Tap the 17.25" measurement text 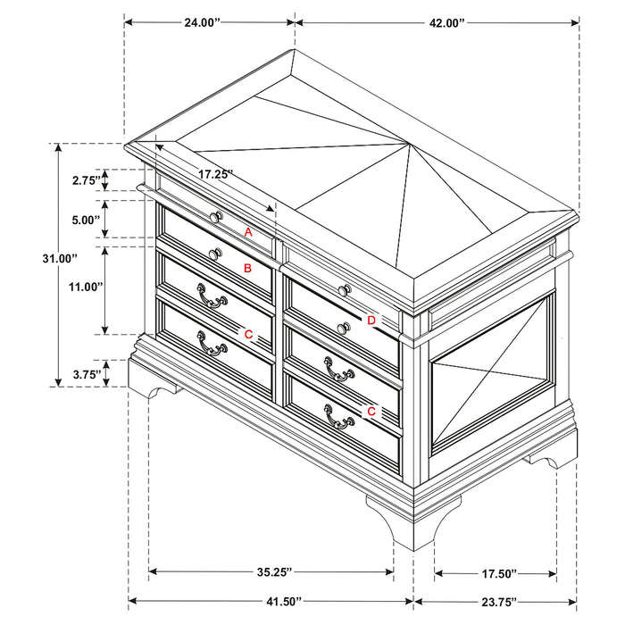(x=215, y=174)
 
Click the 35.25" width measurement (x=270, y=571)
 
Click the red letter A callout (x=249, y=232)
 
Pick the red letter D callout (x=371, y=320)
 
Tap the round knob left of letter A (x=216, y=217)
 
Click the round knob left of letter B (x=214, y=254)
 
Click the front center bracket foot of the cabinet (x=401, y=522)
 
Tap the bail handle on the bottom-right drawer (x=337, y=418)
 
